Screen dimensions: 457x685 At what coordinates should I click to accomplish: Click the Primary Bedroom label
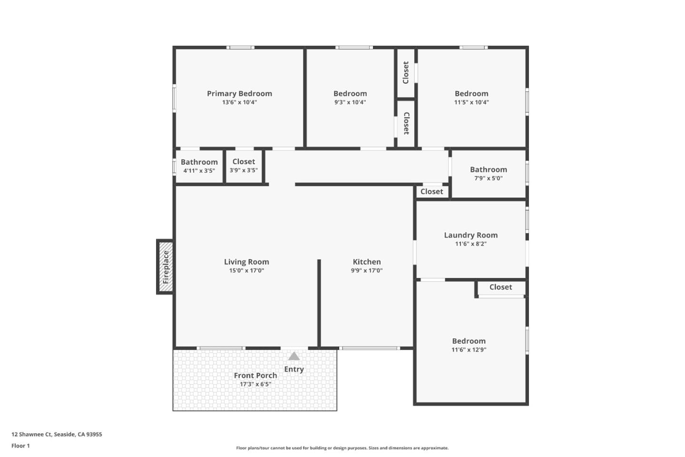pyautogui.click(x=239, y=94)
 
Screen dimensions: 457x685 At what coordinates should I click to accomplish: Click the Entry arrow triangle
pyautogui.click(x=294, y=357)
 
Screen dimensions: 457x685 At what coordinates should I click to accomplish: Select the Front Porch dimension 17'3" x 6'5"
pyautogui.click(x=255, y=384)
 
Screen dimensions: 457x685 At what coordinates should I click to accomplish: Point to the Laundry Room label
pyautogui.click(x=470, y=235)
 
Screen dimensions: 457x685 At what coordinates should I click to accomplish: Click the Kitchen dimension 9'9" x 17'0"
pyautogui.click(x=366, y=270)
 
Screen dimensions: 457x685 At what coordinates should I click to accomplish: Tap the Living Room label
pyautogui.click(x=246, y=262)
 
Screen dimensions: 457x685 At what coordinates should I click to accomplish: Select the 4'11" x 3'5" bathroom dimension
pyautogui.click(x=199, y=170)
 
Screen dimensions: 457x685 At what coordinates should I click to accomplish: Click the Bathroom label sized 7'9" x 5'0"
pyautogui.click(x=488, y=169)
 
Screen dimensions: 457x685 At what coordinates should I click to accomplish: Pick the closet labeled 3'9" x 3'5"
pyautogui.click(x=244, y=162)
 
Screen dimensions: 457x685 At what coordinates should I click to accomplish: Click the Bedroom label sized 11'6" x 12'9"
pyautogui.click(x=469, y=341)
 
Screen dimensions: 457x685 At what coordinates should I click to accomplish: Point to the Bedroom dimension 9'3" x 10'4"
pyautogui.click(x=350, y=102)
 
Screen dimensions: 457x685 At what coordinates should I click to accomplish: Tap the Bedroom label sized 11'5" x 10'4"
pyautogui.click(x=471, y=94)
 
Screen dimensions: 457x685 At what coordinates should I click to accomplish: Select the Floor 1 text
pyautogui.click(x=20, y=446)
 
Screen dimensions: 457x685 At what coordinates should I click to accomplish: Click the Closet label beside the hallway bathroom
pyautogui.click(x=431, y=191)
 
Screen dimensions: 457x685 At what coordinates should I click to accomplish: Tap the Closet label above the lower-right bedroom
pyautogui.click(x=500, y=287)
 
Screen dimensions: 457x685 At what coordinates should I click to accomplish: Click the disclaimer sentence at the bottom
pyautogui.click(x=342, y=448)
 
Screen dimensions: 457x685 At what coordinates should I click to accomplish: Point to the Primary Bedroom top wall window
pyautogui.click(x=240, y=48)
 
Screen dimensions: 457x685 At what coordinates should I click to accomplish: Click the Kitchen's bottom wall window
pyautogui.click(x=370, y=348)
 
